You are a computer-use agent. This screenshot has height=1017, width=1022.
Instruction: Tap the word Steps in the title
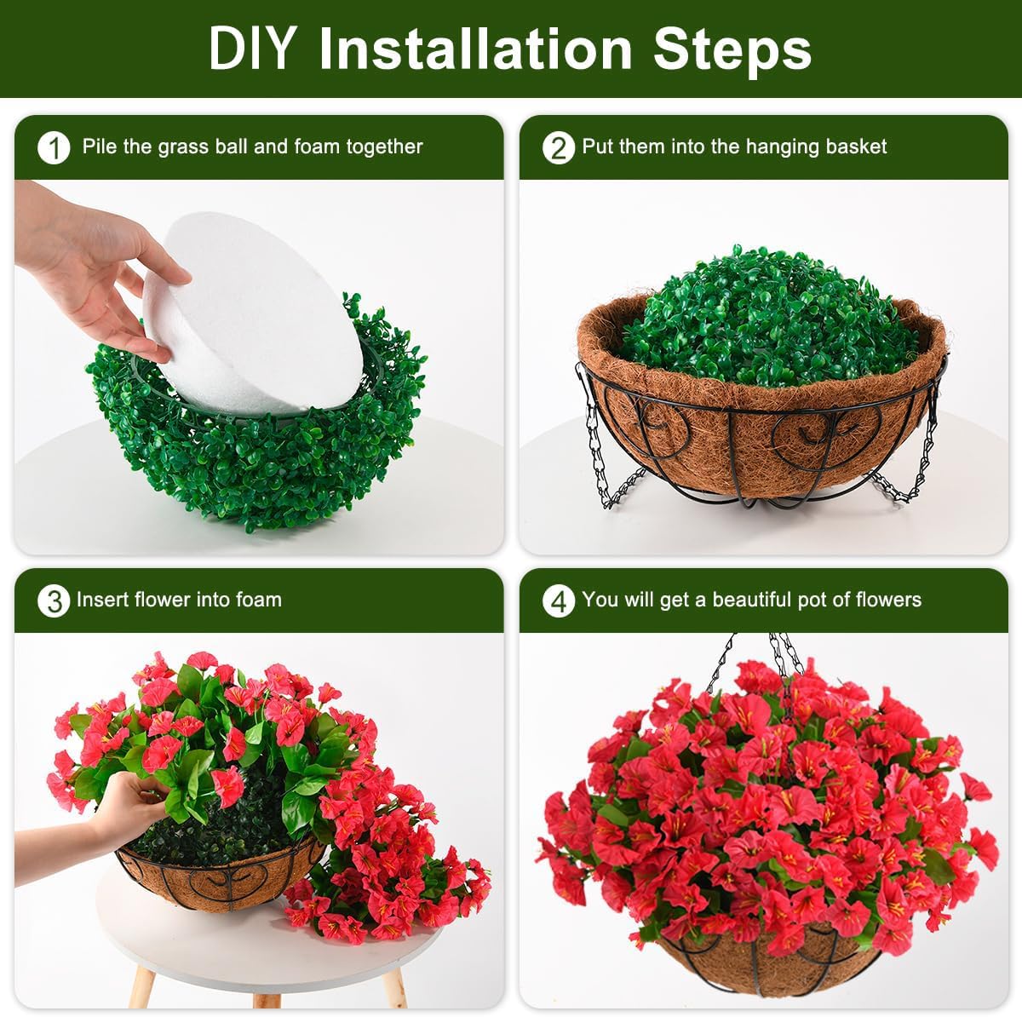click(732, 49)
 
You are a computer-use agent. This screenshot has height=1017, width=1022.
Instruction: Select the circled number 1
click(54, 148)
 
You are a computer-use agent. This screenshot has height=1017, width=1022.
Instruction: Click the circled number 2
click(558, 148)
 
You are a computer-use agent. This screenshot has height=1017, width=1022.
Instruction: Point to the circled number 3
click(54, 601)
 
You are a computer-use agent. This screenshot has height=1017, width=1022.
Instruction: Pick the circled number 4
click(558, 601)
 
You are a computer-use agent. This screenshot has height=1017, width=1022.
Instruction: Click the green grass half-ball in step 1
click(255, 460)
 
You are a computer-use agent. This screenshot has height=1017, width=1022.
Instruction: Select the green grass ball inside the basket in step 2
click(766, 315)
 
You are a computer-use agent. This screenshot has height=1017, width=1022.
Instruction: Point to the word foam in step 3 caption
click(259, 600)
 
